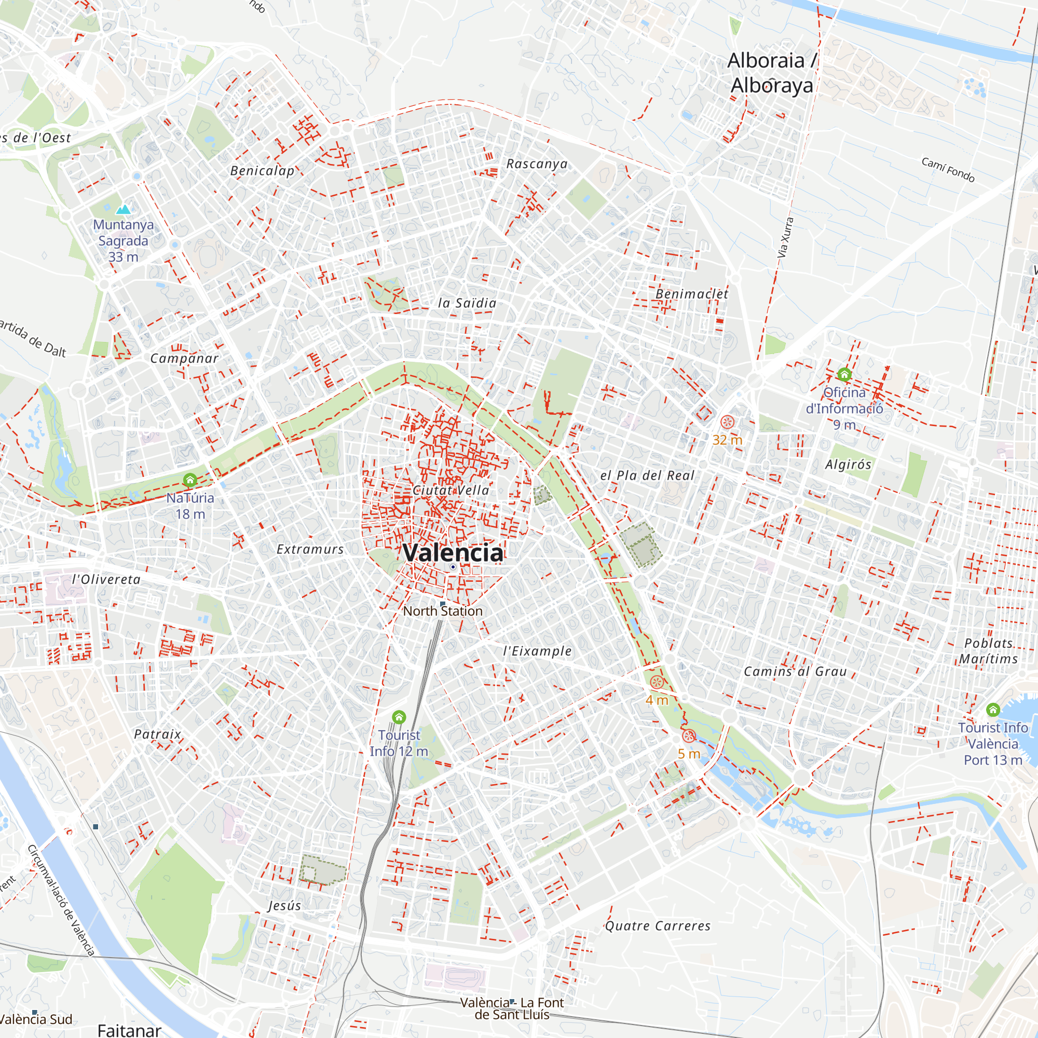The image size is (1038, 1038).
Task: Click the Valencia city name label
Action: click(x=453, y=553)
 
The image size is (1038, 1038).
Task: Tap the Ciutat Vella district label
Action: click(x=452, y=490)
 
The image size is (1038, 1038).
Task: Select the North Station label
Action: click(x=443, y=611)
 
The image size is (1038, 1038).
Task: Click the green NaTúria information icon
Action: click(x=189, y=480)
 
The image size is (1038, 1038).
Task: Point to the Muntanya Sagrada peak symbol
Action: click(x=124, y=210)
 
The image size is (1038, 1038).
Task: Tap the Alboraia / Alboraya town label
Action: click(x=771, y=73)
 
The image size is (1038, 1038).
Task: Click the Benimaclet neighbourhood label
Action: click(x=692, y=294)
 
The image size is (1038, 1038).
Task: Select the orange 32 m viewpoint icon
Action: click(x=728, y=422)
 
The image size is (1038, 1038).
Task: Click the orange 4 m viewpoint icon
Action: click(x=657, y=682)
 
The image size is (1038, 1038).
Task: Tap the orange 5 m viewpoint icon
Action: click(x=689, y=736)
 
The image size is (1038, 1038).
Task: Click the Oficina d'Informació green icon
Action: click(x=844, y=374)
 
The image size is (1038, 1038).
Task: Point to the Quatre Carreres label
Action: click(x=658, y=926)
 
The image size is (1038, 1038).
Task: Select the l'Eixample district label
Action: click(x=537, y=651)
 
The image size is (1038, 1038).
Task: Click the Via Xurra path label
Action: click(x=785, y=237)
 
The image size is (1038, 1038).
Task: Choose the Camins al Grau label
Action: click(x=795, y=671)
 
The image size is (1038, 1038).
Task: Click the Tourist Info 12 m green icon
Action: click(x=399, y=717)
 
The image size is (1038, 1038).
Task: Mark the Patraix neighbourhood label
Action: click(x=157, y=734)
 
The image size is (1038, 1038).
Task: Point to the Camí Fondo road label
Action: click(x=948, y=170)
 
